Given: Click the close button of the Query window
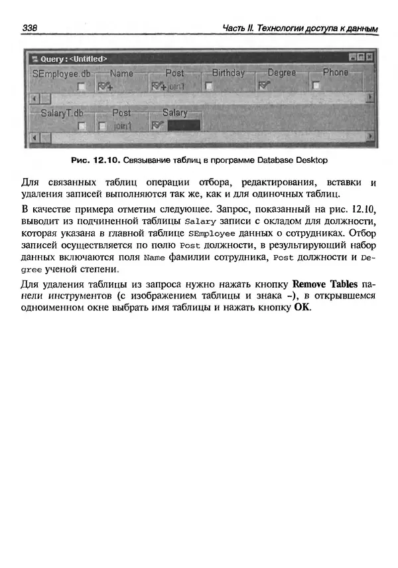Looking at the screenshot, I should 369,58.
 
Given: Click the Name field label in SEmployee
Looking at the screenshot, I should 121,73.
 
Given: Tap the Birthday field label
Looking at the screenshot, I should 228,72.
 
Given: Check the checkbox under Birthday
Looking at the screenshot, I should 209,86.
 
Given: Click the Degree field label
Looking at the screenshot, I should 282,72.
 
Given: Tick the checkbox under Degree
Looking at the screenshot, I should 263,86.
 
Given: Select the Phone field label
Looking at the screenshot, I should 335,72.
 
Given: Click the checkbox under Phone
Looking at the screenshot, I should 316,85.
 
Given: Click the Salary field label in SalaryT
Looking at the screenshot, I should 175,113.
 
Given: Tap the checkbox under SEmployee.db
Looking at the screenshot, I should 81,86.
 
